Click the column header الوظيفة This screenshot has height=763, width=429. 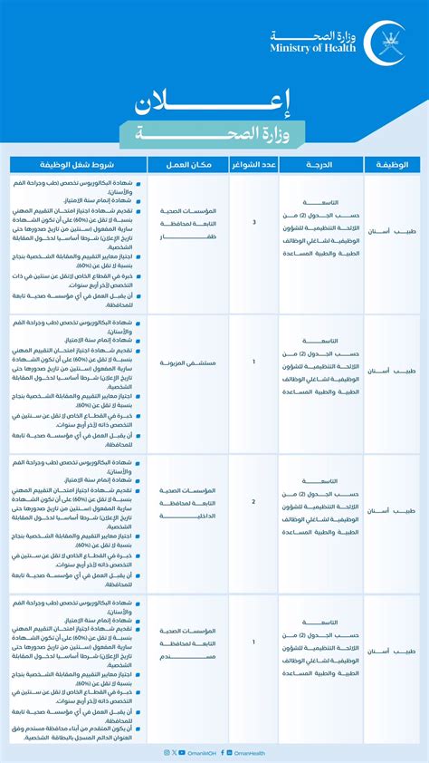tap(392, 164)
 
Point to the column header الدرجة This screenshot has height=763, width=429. tap(320, 164)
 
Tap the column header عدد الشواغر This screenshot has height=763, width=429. tap(253, 164)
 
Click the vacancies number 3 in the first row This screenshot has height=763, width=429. tap(254, 221)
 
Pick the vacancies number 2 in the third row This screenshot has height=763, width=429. tap(254, 501)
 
